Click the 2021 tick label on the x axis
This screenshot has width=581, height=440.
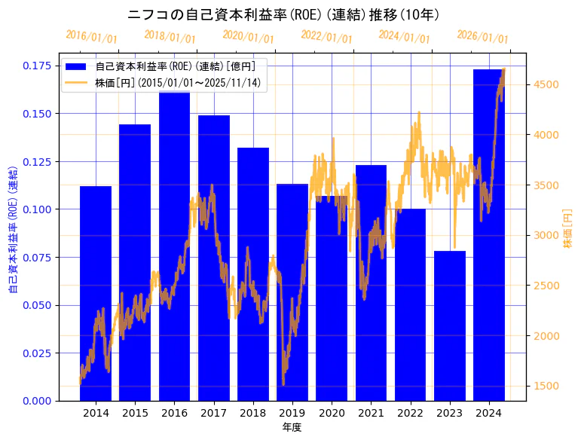(371, 413)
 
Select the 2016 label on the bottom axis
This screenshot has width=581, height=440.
(175, 413)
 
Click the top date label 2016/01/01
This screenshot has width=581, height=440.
(91, 37)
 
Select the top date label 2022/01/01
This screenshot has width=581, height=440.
(326, 37)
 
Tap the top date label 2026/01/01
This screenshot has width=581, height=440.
(482, 37)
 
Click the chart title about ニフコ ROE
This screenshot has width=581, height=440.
(284, 15)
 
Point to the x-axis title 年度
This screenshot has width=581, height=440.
(292, 427)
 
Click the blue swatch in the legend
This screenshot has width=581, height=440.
(77, 67)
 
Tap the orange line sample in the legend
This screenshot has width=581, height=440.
(77, 82)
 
